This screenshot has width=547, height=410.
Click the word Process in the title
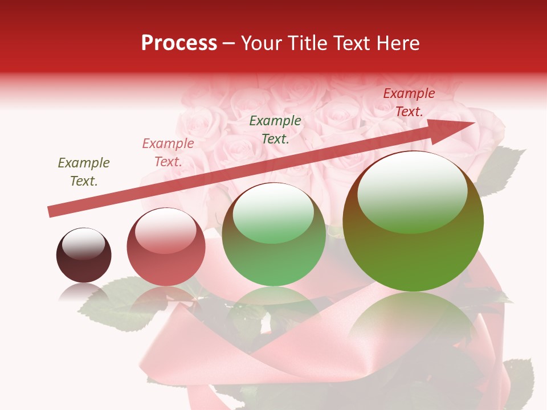(179, 43)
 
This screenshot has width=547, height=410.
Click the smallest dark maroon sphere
(84, 255)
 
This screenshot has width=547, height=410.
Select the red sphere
(166, 251)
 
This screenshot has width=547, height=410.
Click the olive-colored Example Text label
(84, 172)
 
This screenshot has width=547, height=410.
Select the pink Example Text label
(168, 153)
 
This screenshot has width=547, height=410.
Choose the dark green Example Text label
(275, 129)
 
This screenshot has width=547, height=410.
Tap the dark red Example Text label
(409, 102)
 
